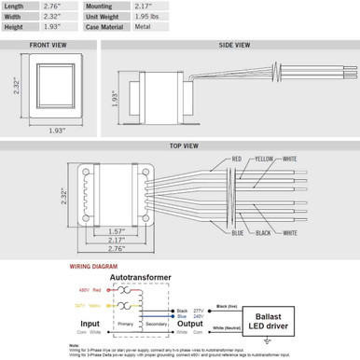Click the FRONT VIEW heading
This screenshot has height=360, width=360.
(46, 44)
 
